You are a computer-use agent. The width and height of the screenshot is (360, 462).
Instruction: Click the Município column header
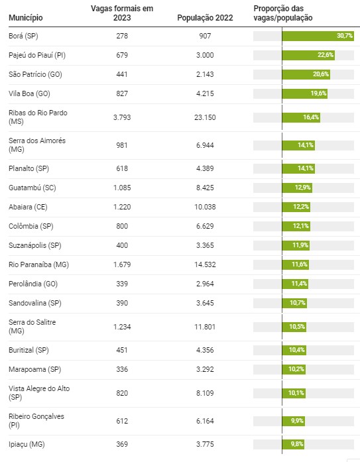point(26,18)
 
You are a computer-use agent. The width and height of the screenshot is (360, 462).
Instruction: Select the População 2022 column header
point(205,18)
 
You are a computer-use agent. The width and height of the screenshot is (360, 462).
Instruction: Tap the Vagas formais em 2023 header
point(122,13)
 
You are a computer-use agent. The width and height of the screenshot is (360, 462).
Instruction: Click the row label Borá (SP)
point(23,36)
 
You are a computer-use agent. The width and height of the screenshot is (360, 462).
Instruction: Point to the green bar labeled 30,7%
point(318,36)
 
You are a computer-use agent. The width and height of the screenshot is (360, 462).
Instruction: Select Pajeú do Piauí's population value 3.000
point(205,55)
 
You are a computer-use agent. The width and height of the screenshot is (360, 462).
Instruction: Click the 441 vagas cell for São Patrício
point(122,74)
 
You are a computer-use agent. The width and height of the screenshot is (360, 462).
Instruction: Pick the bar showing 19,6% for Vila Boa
point(304,93)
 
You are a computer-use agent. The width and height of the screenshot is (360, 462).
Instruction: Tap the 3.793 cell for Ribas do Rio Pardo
point(122,117)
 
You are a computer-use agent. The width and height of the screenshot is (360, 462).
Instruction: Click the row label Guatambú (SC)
point(32,188)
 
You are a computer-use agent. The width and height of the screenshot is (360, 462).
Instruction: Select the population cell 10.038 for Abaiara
point(205,207)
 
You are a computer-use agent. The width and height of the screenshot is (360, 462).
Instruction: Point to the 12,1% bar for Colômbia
point(296,226)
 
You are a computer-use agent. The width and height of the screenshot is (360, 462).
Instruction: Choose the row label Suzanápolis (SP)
point(35,245)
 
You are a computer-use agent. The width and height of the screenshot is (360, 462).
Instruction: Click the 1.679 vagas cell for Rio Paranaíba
point(122,264)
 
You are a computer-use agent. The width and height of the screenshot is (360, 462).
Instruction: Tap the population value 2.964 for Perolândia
point(205,284)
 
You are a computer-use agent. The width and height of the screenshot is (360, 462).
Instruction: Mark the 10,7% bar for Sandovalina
point(294,303)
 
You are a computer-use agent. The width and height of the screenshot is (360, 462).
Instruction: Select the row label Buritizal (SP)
point(29,350)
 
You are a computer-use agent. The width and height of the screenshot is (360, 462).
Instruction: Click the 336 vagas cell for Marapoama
point(122,369)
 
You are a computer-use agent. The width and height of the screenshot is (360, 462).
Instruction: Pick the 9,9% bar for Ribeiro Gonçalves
point(294,421)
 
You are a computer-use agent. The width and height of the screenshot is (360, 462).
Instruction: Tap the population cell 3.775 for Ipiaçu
point(205,444)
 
